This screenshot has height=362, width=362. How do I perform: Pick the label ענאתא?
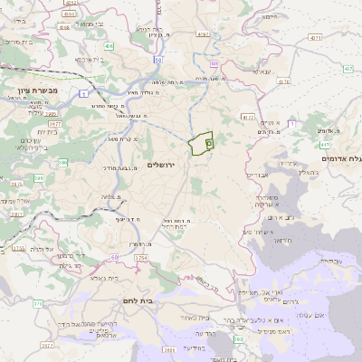coord(263,71)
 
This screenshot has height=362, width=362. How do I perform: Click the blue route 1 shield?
coord(83,94)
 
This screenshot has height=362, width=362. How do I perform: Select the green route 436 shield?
coord(109,45)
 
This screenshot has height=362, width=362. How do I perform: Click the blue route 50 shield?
coord(157,61)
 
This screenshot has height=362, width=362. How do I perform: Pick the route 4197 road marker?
coord(202,34)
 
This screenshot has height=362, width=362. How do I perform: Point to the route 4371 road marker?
coord(315,38)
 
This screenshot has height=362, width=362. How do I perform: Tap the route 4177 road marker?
coord(248,117)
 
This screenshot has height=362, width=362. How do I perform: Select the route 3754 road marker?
coord(140,259)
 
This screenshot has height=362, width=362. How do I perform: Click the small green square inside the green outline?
coord(209,142)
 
